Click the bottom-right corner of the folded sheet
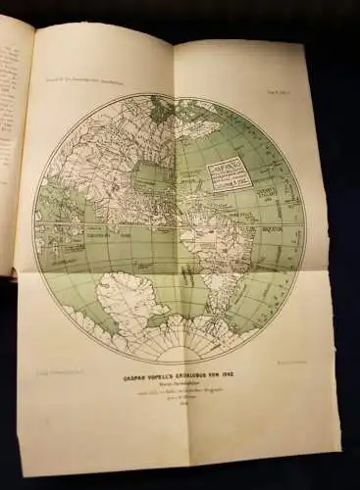tap(338, 432)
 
